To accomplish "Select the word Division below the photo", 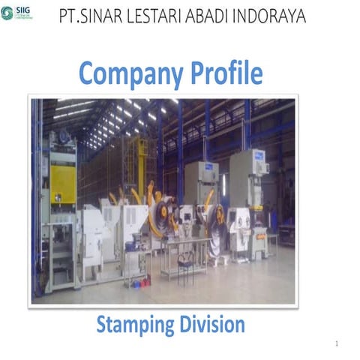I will click(211, 325).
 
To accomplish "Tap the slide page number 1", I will click(338, 343).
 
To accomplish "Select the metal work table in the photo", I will click(183, 247).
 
